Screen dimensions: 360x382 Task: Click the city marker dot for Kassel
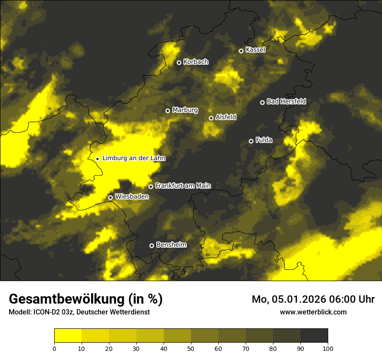(241, 51)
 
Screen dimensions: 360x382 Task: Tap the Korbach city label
(196, 62)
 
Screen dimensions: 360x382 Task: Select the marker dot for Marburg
(168, 111)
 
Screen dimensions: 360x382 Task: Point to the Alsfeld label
(226, 117)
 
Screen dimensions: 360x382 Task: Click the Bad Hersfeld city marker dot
(262, 102)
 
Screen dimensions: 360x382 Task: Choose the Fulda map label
(264, 140)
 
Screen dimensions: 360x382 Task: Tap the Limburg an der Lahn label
(134, 158)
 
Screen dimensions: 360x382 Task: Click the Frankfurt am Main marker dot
(151, 187)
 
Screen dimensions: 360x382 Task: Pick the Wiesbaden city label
(132, 196)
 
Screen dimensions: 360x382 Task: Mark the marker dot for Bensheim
(151, 245)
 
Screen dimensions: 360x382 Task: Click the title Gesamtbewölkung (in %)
(86, 299)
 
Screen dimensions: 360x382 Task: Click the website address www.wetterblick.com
(313, 312)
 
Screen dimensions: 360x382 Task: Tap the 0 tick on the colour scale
(54, 348)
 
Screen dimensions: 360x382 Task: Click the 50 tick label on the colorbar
(191, 348)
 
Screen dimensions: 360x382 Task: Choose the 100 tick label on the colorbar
(328, 348)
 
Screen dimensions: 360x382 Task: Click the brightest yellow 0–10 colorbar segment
(68, 336)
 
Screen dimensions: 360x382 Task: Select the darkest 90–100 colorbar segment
(314, 336)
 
